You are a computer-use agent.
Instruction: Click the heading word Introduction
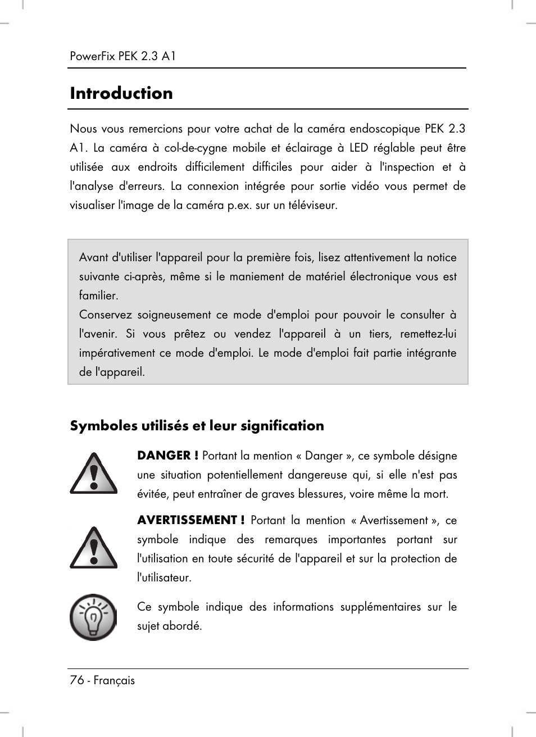click(x=121, y=93)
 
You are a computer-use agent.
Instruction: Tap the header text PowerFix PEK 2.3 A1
click(x=123, y=56)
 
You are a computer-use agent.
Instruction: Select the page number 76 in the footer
click(x=76, y=680)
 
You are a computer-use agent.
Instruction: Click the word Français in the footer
click(x=114, y=680)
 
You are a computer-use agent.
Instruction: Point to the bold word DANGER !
click(x=167, y=456)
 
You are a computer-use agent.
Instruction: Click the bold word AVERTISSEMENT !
click(x=190, y=520)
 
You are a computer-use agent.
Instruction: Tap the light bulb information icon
click(x=93, y=617)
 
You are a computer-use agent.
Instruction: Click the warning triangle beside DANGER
click(x=93, y=474)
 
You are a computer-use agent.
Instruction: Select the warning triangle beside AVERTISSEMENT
click(x=93, y=548)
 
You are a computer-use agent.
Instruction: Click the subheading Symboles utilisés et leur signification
click(x=197, y=426)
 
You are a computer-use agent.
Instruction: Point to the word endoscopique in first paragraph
click(x=383, y=129)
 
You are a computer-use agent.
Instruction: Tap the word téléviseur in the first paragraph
click(x=313, y=205)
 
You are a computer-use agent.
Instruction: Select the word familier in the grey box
click(x=98, y=295)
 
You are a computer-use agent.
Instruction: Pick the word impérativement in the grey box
click(x=117, y=353)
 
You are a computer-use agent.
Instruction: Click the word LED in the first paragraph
click(x=358, y=148)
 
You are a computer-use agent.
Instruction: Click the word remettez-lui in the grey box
click(x=428, y=334)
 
